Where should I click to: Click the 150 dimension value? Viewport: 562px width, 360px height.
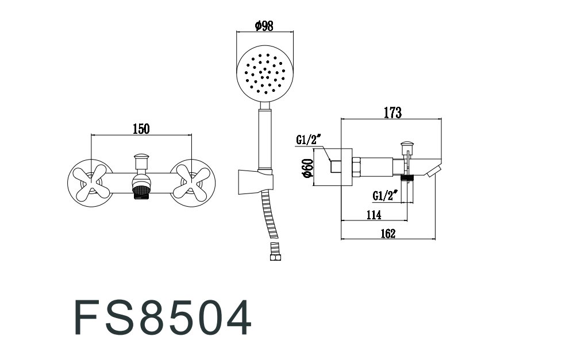(141, 129)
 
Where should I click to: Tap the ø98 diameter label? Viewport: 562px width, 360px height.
(264, 26)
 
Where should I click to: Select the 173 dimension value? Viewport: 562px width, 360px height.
(393, 113)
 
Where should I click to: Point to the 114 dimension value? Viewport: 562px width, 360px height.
(374, 215)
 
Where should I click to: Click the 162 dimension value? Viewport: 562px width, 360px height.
(388, 234)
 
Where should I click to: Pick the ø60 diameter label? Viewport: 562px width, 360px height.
(308, 168)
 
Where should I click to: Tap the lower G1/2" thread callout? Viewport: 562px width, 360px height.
(386, 196)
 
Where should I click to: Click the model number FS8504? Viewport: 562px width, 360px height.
(163, 318)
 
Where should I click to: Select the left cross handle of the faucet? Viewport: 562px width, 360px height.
(88, 183)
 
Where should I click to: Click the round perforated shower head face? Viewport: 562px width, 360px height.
(265, 74)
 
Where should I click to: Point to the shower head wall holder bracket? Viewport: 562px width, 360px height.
(256, 182)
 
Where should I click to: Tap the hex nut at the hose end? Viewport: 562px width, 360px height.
(276, 257)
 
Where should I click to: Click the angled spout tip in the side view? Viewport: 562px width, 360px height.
(434, 171)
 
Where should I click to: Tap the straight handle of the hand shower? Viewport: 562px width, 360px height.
(265, 139)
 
